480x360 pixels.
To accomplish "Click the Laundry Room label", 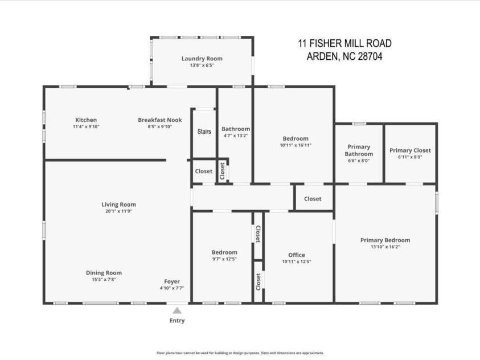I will pyautogui.click(x=202, y=59).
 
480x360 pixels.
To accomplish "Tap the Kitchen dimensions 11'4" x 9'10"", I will pyautogui.click(x=86, y=126).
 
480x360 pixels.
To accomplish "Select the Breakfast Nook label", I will pyautogui.click(x=159, y=120).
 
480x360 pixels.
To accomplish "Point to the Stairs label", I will pyautogui.click(x=204, y=132).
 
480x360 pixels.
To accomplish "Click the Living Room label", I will pyautogui.click(x=118, y=204).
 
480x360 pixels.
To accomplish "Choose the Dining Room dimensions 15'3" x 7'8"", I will pyautogui.click(x=104, y=280).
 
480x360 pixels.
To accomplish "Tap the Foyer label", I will pyautogui.click(x=172, y=281).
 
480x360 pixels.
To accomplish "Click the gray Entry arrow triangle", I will pyautogui.click(x=177, y=310).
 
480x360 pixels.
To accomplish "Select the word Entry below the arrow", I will pyautogui.click(x=177, y=321).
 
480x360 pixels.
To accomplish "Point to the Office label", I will pyautogui.click(x=296, y=255).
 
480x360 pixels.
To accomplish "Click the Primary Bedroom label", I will pyautogui.click(x=385, y=240).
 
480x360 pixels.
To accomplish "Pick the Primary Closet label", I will pyautogui.click(x=410, y=150).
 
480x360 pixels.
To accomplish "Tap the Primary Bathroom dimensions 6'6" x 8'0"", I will pyautogui.click(x=359, y=161).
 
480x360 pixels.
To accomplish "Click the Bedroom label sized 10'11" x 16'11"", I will pyautogui.click(x=296, y=138).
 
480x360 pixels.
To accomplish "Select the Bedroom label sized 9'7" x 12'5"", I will pyautogui.click(x=224, y=252).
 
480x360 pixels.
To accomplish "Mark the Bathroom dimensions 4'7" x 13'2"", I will pyautogui.click(x=236, y=136).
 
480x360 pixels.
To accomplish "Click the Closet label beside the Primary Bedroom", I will pyautogui.click(x=313, y=199).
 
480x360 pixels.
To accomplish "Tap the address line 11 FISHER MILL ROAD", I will pyautogui.click(x=344, y=43).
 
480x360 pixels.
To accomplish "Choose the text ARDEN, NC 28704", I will pyautogui.click(x=344, y=56).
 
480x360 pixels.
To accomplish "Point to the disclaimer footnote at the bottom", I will pyautogui.click(x=240, y=353).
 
